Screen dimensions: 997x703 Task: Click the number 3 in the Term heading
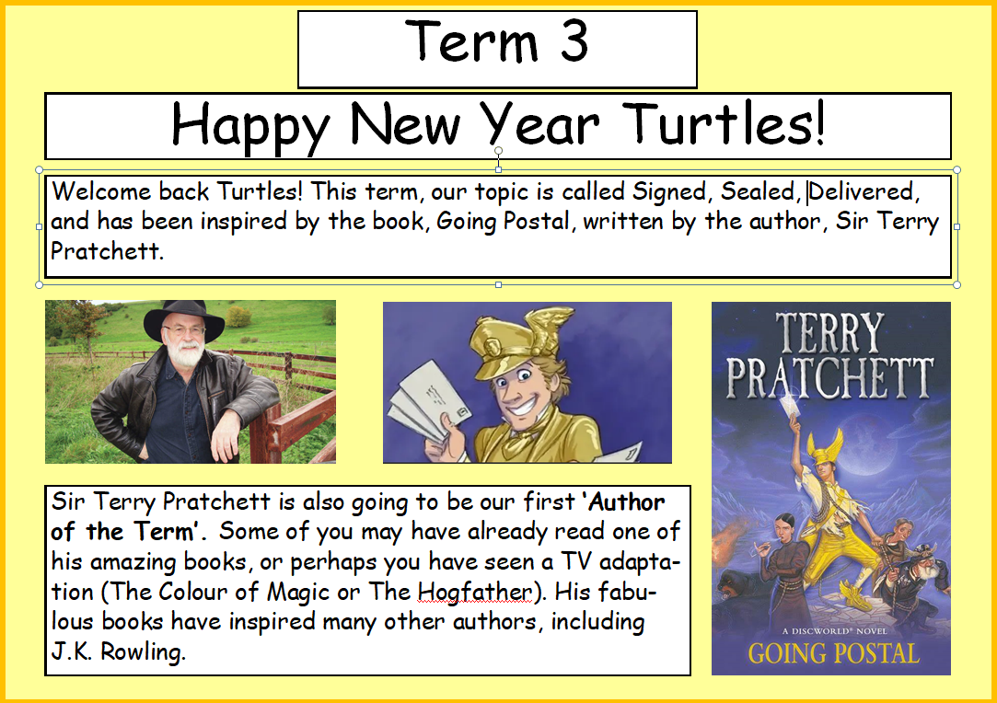coord(574,41)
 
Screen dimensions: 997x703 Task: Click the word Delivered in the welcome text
coord(862,192)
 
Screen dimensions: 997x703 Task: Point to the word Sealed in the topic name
coord(757,192)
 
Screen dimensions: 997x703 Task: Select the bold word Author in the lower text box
coord(627,502)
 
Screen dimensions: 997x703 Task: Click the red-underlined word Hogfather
coord(474,593)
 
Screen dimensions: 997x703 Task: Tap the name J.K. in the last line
coord(72,651)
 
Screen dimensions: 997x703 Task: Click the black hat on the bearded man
coord(184,319)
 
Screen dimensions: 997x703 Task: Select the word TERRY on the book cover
coord(829,332)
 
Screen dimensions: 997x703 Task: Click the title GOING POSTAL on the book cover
coord(833,653)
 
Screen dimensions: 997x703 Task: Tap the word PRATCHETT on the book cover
coord(829,378)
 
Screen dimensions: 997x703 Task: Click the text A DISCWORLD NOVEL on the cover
coord(834,631)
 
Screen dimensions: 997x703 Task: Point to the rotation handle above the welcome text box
coord(499,151)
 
